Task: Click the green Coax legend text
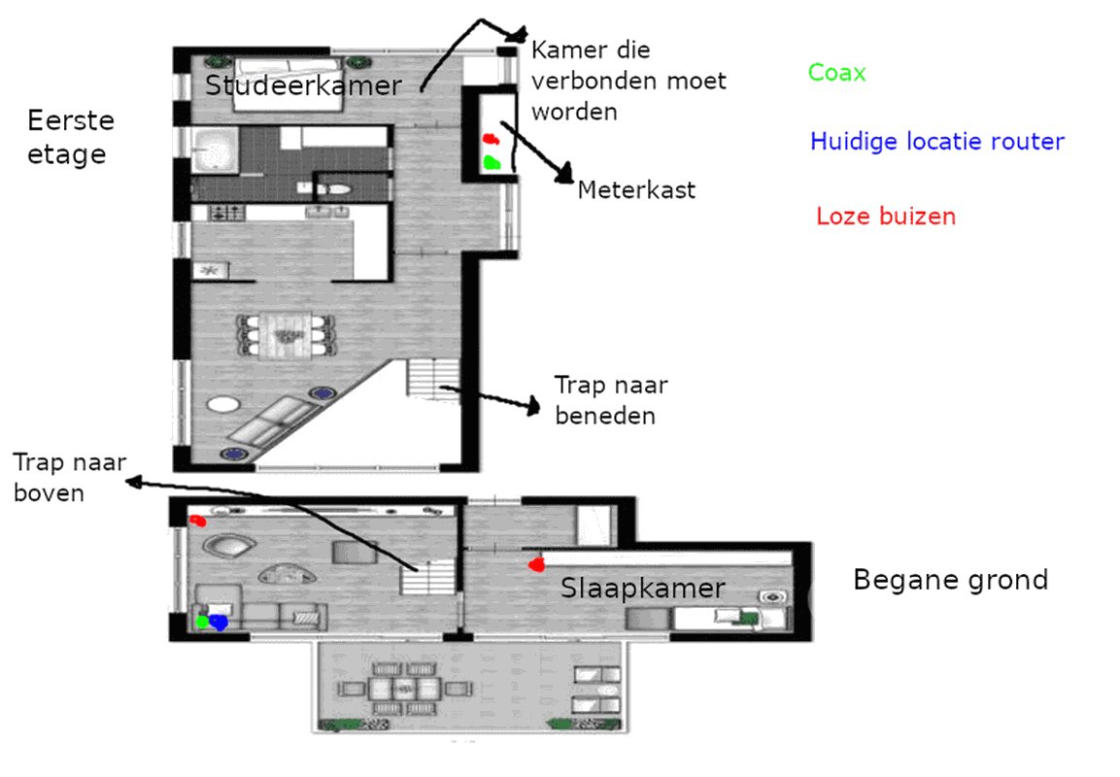point(836,72)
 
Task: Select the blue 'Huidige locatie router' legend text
point(937,142)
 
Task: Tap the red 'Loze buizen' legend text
point(886,216)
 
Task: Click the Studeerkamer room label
point(304,85)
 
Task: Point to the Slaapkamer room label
point(643,588)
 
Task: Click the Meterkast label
point(636,190)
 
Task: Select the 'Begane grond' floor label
point(951,580)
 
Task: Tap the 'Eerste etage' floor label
point(71,137)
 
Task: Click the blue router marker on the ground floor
point(218,622)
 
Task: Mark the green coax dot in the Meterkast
point(492,163)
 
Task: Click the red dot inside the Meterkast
point(490,139)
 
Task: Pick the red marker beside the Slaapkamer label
point(536,565)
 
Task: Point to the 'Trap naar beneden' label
point(611,400)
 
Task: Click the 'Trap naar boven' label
point(69,477)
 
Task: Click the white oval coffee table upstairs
point(223,404)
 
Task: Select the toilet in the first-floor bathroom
point(334,190)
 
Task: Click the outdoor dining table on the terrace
point(404,690)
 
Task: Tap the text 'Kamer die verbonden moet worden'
point(628,81)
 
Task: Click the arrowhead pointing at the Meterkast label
point(565,174)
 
